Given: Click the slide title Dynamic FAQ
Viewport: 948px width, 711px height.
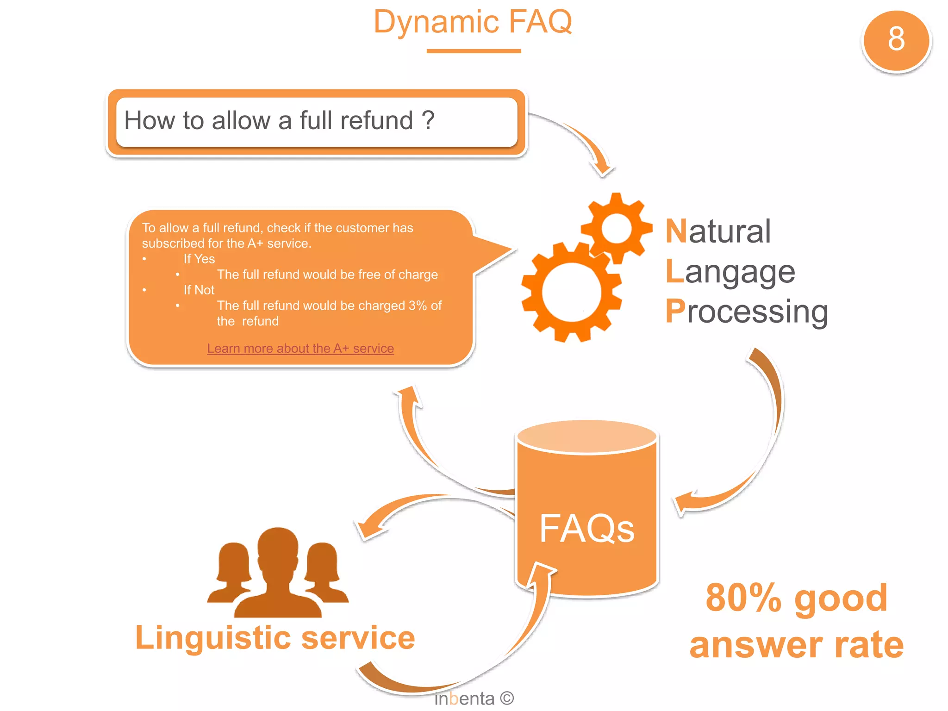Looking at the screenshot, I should pyautogui.click(x=473, y=22).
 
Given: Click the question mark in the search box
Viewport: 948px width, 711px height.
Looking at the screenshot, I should pyautogui.click(x=428, y=120).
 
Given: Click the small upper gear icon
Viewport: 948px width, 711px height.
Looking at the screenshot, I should pyautogui.click(x=617, y=228).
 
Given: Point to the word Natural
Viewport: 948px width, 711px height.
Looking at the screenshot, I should pyautogui.click(x=718, y=231).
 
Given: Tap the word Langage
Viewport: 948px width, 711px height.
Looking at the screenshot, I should pyautogui.click(x=730, y=272).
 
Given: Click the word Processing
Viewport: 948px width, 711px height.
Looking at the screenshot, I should pyautogui.click(x=746, y=312).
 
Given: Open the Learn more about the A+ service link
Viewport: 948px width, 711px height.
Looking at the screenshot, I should pyautogui.click(x=300, y=348).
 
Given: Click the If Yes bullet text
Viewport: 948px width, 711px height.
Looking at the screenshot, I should pyautogui.click(x=199, y=259).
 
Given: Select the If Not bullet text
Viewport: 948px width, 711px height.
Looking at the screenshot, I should pyautogui.click(x=199, y=290).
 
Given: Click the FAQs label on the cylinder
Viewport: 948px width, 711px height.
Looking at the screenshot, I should pyautogui.click(x=586, y=529).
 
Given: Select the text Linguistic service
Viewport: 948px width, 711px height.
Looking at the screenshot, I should pyautogui.click(x=275, y=638).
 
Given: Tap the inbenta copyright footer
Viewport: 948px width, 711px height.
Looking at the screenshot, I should pyautogui.click(x=474, y=698).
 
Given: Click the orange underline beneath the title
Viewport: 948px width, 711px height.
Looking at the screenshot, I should pyautogui.click(x=474, y=51).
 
